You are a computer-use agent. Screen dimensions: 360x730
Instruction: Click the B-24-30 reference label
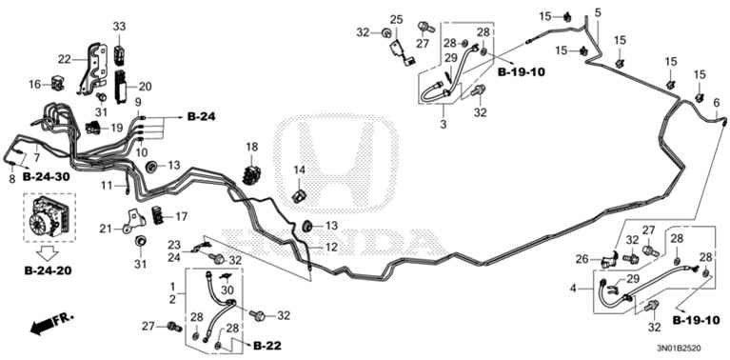click(46, 177)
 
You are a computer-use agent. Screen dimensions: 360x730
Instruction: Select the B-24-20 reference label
click(47, 270)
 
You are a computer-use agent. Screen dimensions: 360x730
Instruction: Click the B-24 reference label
click(201, 117)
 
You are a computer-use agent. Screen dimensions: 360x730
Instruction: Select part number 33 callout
click(119, 26)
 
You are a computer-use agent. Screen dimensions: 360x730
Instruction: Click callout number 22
click(64, 59)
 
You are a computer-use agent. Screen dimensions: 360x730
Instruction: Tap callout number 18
click(252, 147)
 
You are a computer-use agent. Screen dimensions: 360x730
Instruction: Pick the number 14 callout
click(299, 170)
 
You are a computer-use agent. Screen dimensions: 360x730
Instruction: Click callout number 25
click(396, 19)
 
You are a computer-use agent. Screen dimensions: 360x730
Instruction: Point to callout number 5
click(598, 12)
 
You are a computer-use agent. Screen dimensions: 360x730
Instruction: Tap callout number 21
click(107, 229)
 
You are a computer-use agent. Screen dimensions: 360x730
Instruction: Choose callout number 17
click(182, 216)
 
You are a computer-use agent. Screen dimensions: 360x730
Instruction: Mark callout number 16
click(34, 85)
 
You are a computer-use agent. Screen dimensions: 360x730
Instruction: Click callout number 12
click(331, 247)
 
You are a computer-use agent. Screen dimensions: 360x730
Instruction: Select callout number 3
click(443, 124)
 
